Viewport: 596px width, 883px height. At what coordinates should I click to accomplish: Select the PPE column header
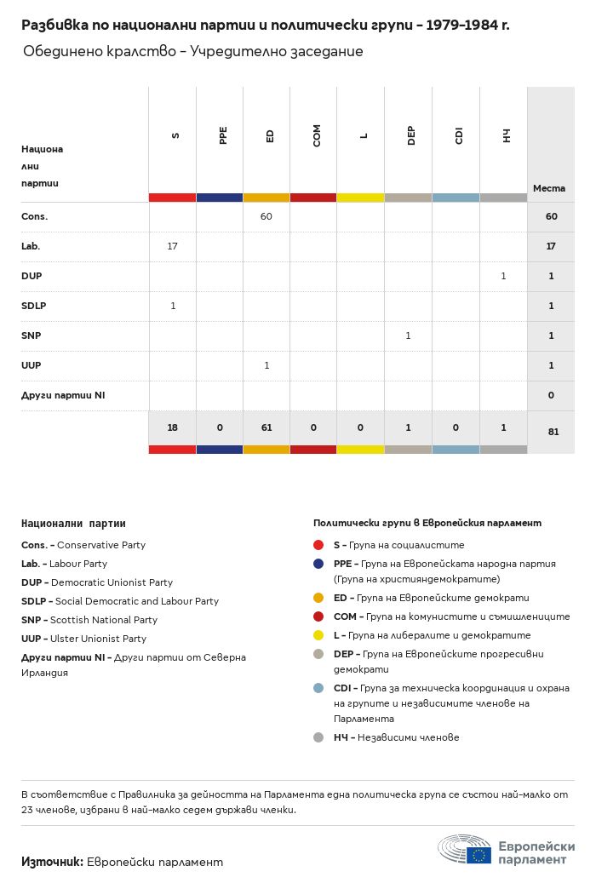point(223,135)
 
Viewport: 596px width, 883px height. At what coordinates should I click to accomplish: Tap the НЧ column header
point(506,135)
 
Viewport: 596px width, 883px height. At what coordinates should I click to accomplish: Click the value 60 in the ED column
point(266,216)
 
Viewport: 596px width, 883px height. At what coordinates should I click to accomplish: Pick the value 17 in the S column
point(173,246)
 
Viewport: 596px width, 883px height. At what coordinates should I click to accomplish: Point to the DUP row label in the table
point(32,276)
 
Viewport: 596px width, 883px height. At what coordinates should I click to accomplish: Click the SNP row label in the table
point(32,335)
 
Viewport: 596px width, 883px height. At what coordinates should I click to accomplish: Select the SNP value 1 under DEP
point(408,335)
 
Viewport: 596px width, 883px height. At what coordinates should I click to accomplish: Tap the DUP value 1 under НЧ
point(503,276)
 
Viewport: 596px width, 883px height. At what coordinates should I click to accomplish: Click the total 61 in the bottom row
point(266,428)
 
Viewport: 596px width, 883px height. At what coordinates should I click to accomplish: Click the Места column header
point(549,188)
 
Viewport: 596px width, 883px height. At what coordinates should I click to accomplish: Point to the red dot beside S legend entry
point(318,545)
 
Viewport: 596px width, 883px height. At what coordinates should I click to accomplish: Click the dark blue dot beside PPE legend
point(318,564)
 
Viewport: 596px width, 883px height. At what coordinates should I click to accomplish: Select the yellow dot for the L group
point(318,635)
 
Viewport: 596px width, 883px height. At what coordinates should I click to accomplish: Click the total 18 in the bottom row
point(173,428)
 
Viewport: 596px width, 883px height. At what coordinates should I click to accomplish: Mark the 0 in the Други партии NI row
point(552,395)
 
